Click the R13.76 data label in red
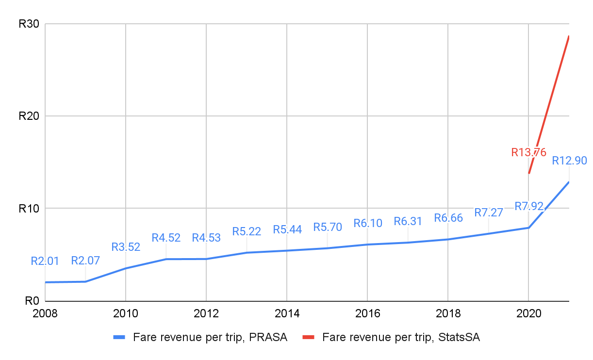point(528,152)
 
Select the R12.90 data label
point(569,161)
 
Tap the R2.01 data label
point(45,261)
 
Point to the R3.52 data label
point(126,247)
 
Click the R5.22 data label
point(247,231)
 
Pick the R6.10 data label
point(368,223)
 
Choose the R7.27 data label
point(489,213)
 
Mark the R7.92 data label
point(529,206)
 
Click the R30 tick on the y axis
point(29,24)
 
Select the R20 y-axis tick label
point(29,116)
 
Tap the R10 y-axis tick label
point(29,209)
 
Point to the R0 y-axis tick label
point(32,301)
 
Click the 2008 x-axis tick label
point(45,313)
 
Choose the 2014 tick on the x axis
point(287,313)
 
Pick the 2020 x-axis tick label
point(528,313)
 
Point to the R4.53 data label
point(206,238)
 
